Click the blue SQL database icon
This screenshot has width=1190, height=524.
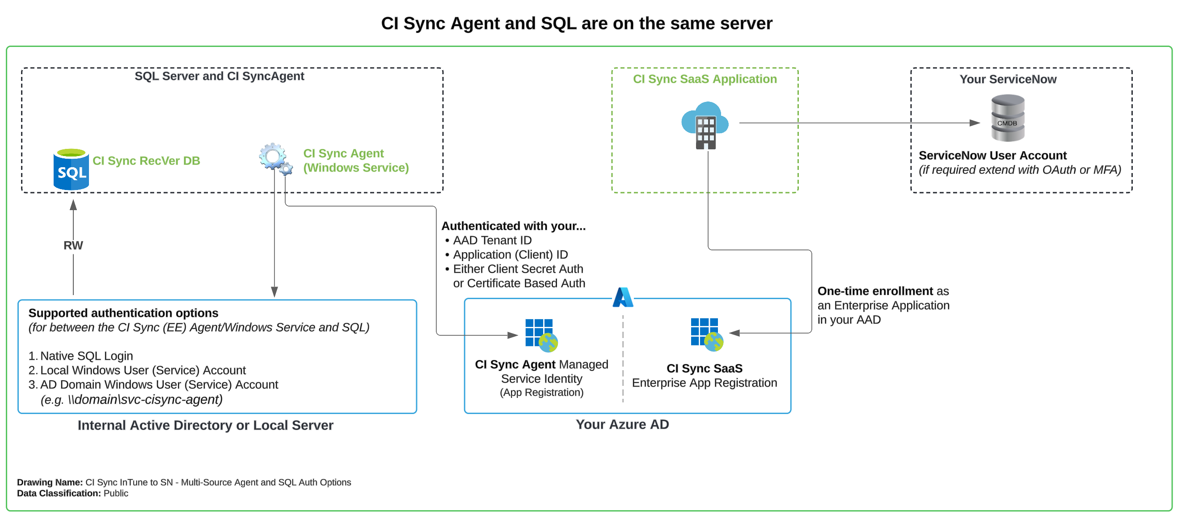coord(71,169)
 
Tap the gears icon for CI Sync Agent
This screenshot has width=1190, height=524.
coord(276,158)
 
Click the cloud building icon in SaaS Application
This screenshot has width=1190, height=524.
coord(705,125)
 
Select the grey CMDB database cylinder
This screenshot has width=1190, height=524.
coord(1008,118)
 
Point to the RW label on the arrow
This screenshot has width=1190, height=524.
coord(73,245)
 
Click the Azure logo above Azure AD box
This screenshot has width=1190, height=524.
coord(623,297)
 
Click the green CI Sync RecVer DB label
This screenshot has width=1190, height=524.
coord(147,161)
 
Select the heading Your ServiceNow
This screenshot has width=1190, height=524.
coord(1008,79)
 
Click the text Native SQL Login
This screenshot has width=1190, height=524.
coord(86,356)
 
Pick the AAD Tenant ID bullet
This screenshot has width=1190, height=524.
coord(488,240)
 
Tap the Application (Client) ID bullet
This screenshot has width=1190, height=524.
coord(506,254)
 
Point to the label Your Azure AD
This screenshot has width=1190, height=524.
coord(622,424)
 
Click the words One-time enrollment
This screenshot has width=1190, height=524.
coord(875,291)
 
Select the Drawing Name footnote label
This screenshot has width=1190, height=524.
coord(50,482)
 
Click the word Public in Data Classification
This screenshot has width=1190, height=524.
coord(116,493)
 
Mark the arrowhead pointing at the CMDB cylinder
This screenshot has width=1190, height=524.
coord(975,123)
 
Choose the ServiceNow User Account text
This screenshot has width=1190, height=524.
coord(992,155)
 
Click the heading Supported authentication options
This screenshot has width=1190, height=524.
coord(123,313)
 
